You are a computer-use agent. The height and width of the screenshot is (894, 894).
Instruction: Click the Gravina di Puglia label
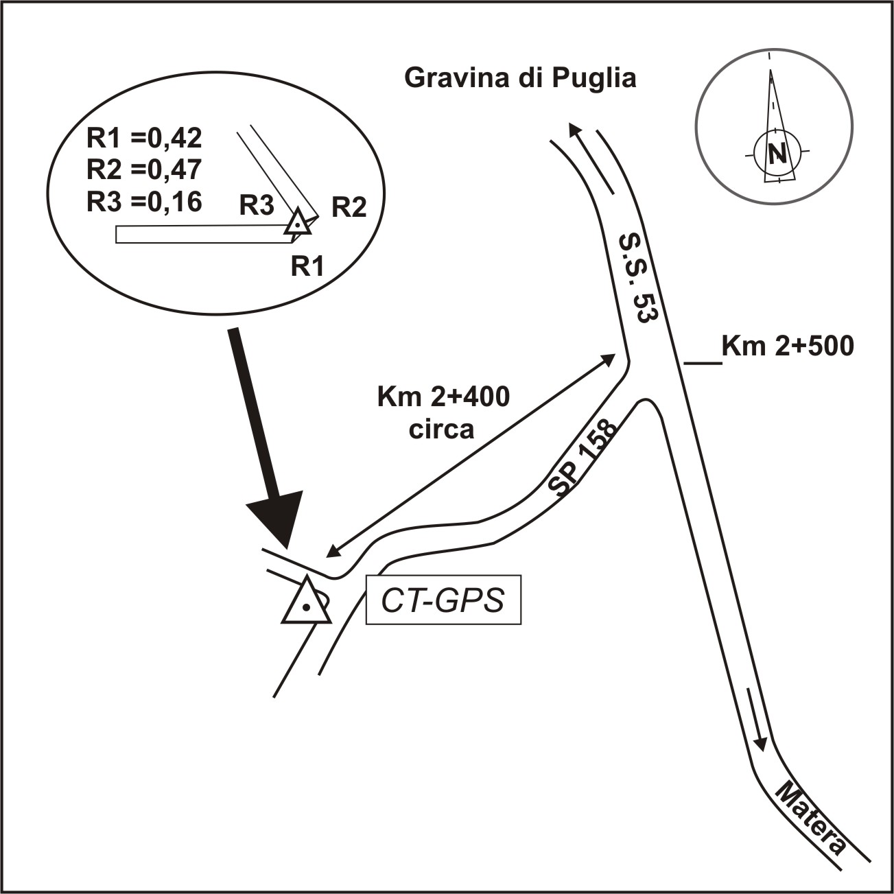520,79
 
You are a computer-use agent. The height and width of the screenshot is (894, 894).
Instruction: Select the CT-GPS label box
443,600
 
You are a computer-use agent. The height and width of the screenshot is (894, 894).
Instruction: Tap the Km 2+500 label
787,346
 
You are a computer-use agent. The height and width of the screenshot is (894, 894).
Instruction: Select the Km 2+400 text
443,397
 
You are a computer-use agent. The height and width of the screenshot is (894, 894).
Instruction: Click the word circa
441,430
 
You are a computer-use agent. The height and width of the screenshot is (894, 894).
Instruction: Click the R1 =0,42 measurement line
144,138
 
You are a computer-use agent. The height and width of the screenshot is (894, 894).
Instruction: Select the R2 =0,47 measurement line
144,169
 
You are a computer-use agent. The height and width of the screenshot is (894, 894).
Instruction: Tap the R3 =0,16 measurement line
144,202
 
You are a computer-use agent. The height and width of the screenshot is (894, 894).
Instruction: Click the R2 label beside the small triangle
349,207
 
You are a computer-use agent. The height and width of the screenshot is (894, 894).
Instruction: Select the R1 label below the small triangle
307,266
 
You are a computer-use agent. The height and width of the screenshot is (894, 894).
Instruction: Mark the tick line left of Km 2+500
703,363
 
